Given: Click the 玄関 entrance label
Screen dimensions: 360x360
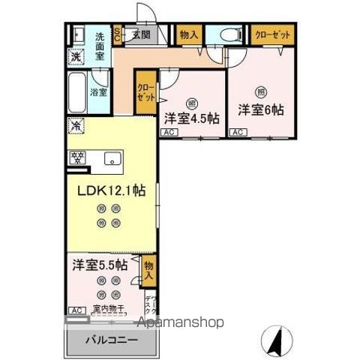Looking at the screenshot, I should [141, 34].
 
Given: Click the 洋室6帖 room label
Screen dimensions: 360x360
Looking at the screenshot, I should [261, 109].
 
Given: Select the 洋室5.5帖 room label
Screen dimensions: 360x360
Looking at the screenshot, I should [99, 265].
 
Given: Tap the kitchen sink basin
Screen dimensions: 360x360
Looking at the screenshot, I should [113, 158].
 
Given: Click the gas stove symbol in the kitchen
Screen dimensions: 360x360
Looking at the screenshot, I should [76, 158].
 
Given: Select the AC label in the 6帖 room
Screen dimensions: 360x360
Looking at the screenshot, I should [238, 133].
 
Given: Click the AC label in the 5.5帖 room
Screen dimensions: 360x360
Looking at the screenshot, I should [76, 310].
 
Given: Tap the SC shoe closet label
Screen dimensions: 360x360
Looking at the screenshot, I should [118, 34].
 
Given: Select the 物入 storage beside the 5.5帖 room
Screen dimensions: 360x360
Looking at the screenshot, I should [148, 270].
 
